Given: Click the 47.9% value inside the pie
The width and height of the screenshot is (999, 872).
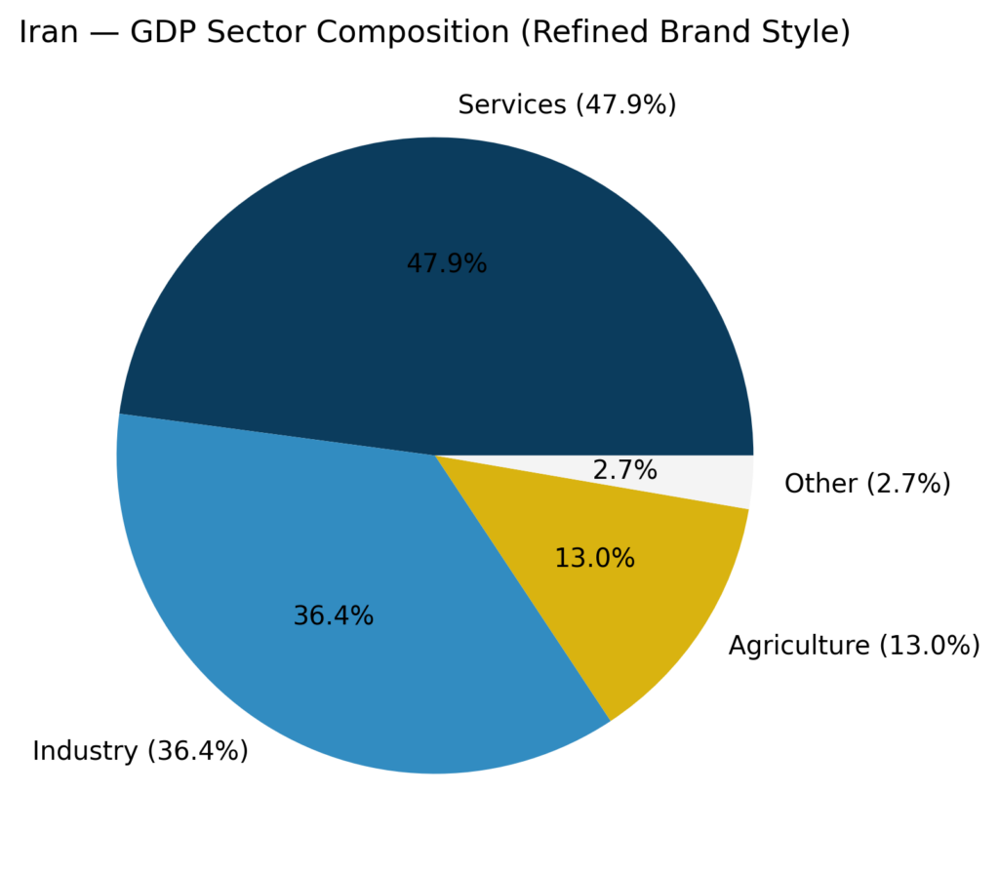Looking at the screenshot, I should (x=446, y=263).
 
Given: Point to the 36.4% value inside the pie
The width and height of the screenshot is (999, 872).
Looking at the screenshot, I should (x=333, y=616).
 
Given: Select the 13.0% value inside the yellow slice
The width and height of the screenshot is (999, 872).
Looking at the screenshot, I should (x=594, y=559).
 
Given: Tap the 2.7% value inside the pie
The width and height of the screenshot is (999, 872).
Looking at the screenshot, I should (x=624, y=471).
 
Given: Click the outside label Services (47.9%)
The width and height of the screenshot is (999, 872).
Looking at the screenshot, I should (x=566, y=105).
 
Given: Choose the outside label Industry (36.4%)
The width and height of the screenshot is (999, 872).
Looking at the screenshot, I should (x=140, y=751).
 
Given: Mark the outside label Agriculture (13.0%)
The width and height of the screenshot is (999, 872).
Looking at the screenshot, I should (x=854, y=646).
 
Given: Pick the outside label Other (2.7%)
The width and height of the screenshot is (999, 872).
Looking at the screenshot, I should (x=866, y=484).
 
